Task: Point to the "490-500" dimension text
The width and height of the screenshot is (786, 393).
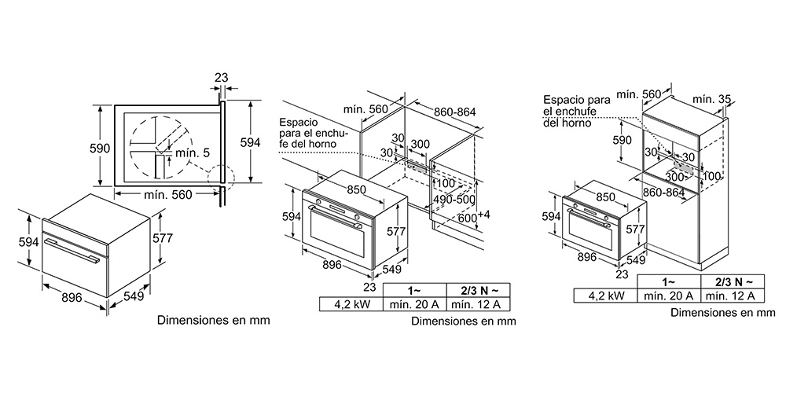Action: click(x=454, y=199)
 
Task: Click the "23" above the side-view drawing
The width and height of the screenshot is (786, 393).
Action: click(x=221, y=78)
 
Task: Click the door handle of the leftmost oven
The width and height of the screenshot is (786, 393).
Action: click(x=72, y=250)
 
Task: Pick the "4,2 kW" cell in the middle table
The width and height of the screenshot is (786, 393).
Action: click(x=351, y=303)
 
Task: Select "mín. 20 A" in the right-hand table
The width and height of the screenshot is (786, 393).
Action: click(x=669, y=296)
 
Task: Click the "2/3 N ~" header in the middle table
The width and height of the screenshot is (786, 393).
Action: click(x=478, y=290)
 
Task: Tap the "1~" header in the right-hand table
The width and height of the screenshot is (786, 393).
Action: click(x=669, y=281)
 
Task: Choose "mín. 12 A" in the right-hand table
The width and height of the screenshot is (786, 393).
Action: click(x=733, y=296)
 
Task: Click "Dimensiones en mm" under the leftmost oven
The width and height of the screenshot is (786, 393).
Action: click(x=214, y=320)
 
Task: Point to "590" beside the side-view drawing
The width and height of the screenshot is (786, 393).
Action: click(x=100, y=148)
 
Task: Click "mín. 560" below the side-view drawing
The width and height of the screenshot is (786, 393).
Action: click(x=167, y=194)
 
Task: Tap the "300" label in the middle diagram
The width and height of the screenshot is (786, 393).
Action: click(x=420, y=145)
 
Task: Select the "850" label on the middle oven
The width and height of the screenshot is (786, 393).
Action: click(x=355, y=189)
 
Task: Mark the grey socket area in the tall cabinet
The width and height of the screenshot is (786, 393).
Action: click(x=685, y=168)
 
